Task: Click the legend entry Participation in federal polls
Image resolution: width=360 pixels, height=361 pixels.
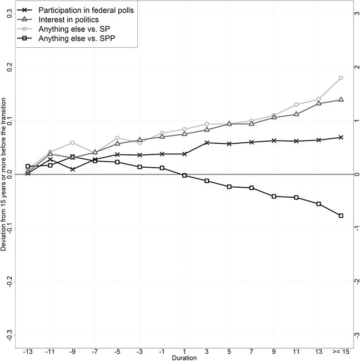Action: (x=87, y=10)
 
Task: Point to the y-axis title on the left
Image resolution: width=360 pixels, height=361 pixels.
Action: (x=4, y=174)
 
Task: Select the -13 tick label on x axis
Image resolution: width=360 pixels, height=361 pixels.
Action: (x=28, y=351)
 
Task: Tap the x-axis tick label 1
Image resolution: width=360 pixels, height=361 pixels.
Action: (x=184, y=351)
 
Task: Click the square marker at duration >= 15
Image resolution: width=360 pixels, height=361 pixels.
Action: (x=341, y=215)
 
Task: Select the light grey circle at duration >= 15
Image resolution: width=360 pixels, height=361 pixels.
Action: (x=341, y=78)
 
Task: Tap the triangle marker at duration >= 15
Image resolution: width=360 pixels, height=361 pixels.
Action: (x=341, y=99)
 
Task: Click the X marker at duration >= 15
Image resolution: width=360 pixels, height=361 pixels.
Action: (x=341, y=137)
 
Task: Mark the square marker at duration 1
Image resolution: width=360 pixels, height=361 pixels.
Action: (x=184, y=176)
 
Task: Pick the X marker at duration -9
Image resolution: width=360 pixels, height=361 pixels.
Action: (x=73, y=169)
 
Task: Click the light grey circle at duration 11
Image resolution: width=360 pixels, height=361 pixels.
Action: (x=296, y=104)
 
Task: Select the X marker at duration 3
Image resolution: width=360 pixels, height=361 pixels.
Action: (x=207, y=143)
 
